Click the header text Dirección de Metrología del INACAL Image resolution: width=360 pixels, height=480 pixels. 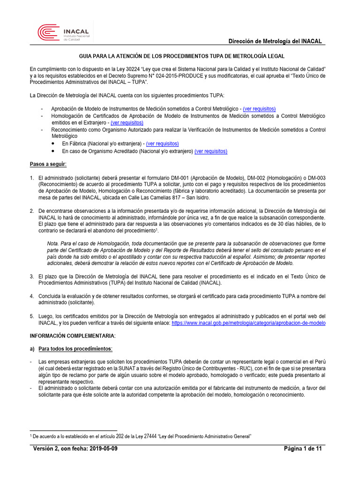(275, 41)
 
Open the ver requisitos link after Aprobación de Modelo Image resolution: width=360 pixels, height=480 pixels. (259, 109)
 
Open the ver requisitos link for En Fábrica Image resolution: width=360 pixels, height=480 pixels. (162, 143)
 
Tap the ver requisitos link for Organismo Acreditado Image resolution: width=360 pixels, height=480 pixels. (211, 151)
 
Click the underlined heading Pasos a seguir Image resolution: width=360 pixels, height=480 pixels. (48, 164)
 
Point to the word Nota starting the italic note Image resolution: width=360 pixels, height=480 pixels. (53, 243)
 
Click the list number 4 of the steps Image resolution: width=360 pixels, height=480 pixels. (32, 296)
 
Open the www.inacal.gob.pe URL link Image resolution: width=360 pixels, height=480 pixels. (248, 323)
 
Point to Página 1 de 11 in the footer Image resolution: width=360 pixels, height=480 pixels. (303, 449)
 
